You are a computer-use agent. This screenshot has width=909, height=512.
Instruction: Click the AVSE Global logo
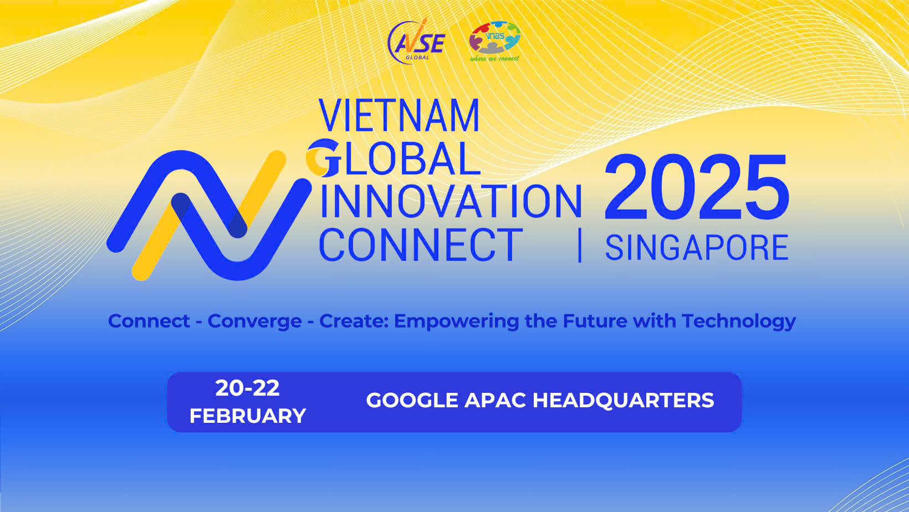click(x=416, y=40)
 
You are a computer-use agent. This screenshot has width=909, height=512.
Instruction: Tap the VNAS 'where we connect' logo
click(x=494, y=41)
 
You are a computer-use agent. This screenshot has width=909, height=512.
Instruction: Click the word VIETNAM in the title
click(x=399, y=115)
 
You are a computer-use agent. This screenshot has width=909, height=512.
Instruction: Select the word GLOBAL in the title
click(x=394, y=158)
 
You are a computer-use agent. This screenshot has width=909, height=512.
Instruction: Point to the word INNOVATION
click(x=451, y=202)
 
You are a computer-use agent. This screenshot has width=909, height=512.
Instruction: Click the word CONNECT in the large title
click(x=421, y=244)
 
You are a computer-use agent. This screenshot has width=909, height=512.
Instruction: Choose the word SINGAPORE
click(x=697, y=247)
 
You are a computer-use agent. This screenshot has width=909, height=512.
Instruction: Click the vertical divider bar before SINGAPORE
click(x=580, y=245)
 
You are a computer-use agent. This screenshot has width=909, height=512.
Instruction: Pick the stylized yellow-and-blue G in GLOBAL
click(x=323, y=158)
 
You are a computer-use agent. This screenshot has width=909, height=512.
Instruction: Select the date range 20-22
click(x=248, y=388)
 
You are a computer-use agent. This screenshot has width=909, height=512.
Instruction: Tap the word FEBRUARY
click(x=248, y=416)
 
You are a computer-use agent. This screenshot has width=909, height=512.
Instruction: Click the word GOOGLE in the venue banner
click(x=412, y=401)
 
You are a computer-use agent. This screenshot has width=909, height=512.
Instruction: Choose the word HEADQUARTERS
click(x=624, y=401)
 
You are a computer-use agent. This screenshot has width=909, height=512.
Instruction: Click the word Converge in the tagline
click(x=255, y=322)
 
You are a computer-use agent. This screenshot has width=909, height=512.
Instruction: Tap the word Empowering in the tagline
click(x=457, y=322)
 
